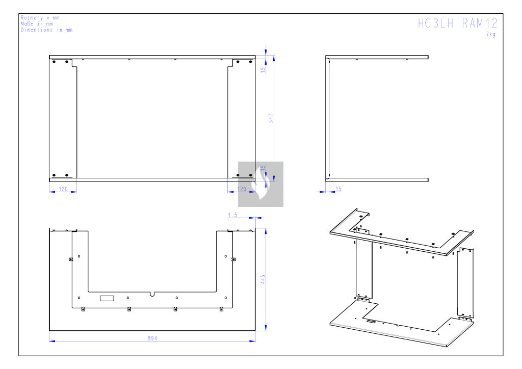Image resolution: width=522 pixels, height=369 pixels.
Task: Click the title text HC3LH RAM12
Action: click(458, 23)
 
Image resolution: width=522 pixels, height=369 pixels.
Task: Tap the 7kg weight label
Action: click(491, 34)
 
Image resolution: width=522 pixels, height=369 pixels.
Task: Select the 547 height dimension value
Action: click(271, 118)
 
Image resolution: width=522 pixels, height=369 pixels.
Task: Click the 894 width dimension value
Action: click(152, 338)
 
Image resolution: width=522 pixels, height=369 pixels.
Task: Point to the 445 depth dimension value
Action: click(263, 279)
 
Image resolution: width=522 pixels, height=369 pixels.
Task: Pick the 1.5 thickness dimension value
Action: click(232, 215)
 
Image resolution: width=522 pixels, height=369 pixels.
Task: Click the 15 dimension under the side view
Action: click(338, 189)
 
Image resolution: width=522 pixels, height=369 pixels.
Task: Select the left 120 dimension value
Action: click(63, 189)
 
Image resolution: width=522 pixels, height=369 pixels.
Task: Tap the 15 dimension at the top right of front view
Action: click(263, 70)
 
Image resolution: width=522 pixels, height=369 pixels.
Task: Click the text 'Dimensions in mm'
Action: click(46, 30)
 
